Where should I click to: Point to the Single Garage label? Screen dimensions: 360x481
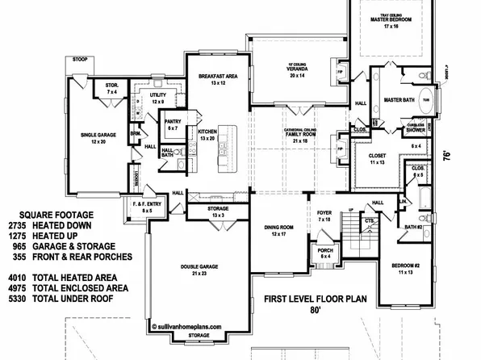click(98, 137)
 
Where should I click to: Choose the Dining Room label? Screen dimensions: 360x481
click(278, 231)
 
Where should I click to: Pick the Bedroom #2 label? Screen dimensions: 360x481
click(412, 266)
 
